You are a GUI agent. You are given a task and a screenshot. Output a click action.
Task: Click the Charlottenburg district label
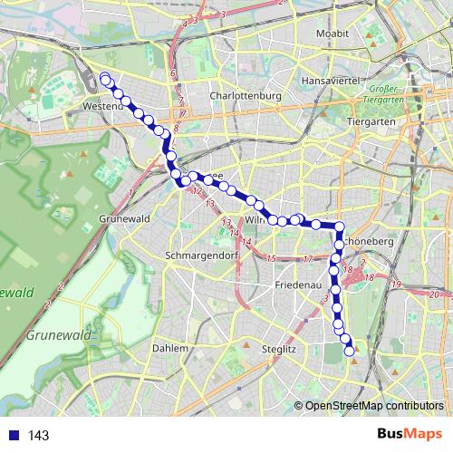[245, 95]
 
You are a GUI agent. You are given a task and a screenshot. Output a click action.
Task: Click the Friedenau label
[297, 284]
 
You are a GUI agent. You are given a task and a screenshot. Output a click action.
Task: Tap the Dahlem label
[170, 348]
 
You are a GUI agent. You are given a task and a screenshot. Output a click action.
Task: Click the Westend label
[102, 107]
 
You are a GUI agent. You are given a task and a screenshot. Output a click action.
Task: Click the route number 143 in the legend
[39, 436]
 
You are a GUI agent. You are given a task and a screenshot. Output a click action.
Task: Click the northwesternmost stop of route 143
[105, 78]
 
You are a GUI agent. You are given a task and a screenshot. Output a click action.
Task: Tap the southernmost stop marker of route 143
[351, 352]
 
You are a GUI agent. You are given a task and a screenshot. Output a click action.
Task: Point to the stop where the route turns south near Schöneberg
[339, 226]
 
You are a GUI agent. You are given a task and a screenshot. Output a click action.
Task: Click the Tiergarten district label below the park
[373, 120]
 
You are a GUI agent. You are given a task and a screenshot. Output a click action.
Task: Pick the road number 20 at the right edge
[435, 294]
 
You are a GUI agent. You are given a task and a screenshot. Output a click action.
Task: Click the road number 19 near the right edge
[396, 285]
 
